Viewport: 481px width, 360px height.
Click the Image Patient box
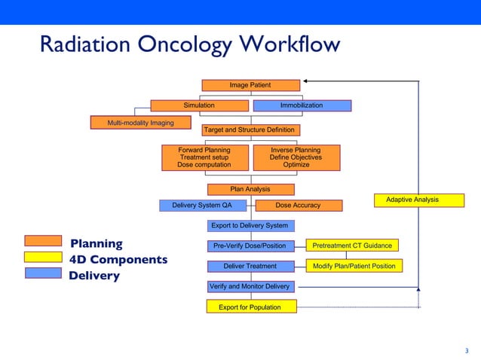pyautogui.click(x=250, y=85)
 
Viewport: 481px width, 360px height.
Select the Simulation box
pyautogui.click(x=200, y=105)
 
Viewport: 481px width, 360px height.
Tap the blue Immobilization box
pyautogui.click(x=302, y=105)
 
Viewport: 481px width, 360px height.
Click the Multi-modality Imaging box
pyautogui.click(x=140, y=123)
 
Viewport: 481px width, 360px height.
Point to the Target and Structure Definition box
pyautogui.click(x=250, y=130)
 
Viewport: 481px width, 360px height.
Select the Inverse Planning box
pyautogui.click(x=296, y=157)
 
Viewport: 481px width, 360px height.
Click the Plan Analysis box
pyautogui.click(x=250, y=189)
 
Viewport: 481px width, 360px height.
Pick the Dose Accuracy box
pyautogui.click(x=299, y=205)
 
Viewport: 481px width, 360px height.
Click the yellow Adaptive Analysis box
pyautogui.click(x=412, y=200)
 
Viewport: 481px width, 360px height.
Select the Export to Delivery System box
pyautogui.click(x=250, y=225)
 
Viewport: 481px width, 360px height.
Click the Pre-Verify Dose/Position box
pyautogui.click(x=250, y=246)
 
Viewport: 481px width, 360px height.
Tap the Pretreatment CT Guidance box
pyautogui.click(x=352, y=246)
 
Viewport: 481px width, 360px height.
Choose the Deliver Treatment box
pyautogui.click(x=250, y=266)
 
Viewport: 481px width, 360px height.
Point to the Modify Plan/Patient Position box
pyautogui.click(x=354, y=266)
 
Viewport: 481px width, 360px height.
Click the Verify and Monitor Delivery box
pyautogui.click(x=250, y=286)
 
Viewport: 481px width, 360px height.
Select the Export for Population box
pyautogui.click(x=250, y=307)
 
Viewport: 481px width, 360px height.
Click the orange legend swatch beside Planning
pyautogui.click(x=43, y=241)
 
